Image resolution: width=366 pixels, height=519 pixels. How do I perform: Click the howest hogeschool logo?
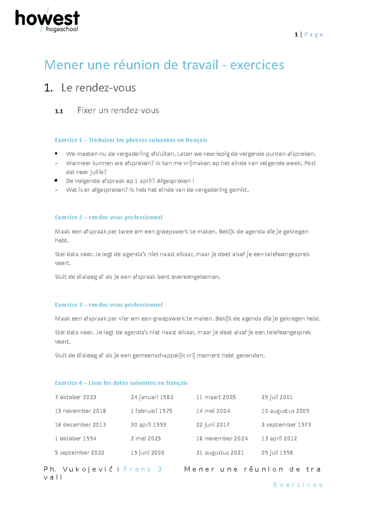pos(47,20)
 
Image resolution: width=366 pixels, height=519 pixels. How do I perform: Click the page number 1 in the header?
pos(296,35)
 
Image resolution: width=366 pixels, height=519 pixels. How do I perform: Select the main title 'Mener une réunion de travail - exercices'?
pos(164,65)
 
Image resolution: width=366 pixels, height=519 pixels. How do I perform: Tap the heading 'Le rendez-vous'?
pos(98,88)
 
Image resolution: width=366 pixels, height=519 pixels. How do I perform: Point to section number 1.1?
pos(59,111)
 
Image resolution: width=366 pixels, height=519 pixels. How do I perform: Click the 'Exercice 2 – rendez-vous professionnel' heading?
pos(109,217)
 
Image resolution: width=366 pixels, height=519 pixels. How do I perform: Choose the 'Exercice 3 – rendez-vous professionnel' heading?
pos(109,305)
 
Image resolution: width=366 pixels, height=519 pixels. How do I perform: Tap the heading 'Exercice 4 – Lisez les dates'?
pos(121,383)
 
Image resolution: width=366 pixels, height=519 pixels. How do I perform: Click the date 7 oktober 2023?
pos(75,397)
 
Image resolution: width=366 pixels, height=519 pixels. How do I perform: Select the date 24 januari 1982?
pos(152,397)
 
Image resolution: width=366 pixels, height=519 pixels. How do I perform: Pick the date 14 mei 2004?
pos(213,411)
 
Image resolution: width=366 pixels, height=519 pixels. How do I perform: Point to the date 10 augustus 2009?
pos(285,411)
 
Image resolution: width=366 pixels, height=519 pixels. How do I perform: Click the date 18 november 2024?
pos(222,438)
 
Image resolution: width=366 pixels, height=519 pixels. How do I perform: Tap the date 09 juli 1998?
pos(277,452)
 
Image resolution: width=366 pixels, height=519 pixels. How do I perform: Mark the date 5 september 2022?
pos(79,452)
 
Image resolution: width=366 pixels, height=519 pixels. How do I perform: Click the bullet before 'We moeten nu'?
pos(56,153)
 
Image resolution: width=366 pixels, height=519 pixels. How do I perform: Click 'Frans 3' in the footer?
pos(142,469)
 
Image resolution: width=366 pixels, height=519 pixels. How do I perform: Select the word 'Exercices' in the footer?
pos(298,485)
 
